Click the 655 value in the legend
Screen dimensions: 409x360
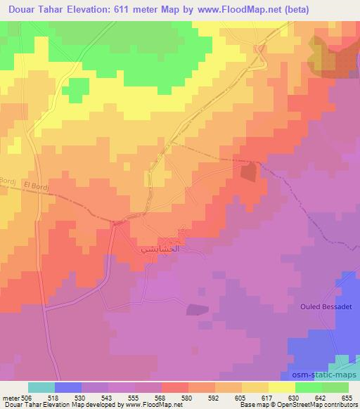click(346, 397)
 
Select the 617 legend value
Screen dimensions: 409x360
click(267, 397)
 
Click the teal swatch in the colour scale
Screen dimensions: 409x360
click(41, 387)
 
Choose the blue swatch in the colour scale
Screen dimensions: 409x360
click(68, 387)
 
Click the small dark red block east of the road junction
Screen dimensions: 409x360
click(248, 171)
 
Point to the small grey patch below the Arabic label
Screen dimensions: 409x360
click(197, 309)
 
